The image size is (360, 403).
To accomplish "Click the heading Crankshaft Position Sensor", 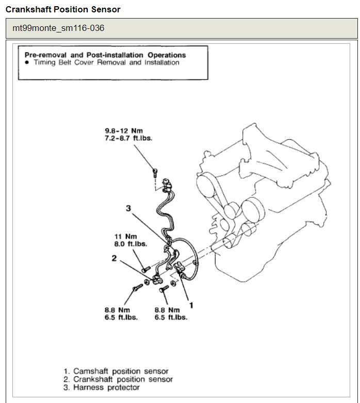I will (63, 9).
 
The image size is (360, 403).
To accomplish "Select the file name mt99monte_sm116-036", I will (58, 28).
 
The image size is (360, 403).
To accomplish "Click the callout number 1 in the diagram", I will (191, 305).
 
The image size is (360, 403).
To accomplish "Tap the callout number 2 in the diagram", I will (114, 258).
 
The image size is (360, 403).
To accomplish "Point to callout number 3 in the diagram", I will (128, 208).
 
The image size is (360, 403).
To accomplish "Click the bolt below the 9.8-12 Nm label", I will (155, 172).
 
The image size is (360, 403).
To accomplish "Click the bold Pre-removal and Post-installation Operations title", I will (105, 55).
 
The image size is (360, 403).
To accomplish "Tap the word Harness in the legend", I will (89, 388).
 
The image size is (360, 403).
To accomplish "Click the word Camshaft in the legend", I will (91, 371).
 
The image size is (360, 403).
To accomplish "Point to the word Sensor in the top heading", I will (108, 9).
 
